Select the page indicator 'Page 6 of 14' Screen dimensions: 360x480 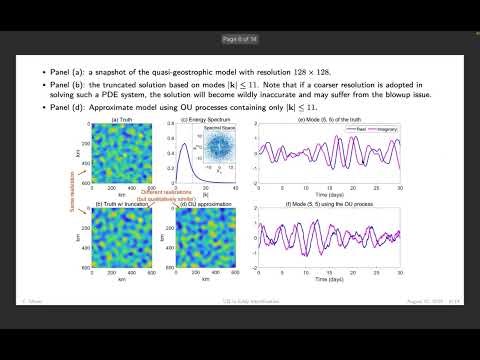[x=240, y=40]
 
